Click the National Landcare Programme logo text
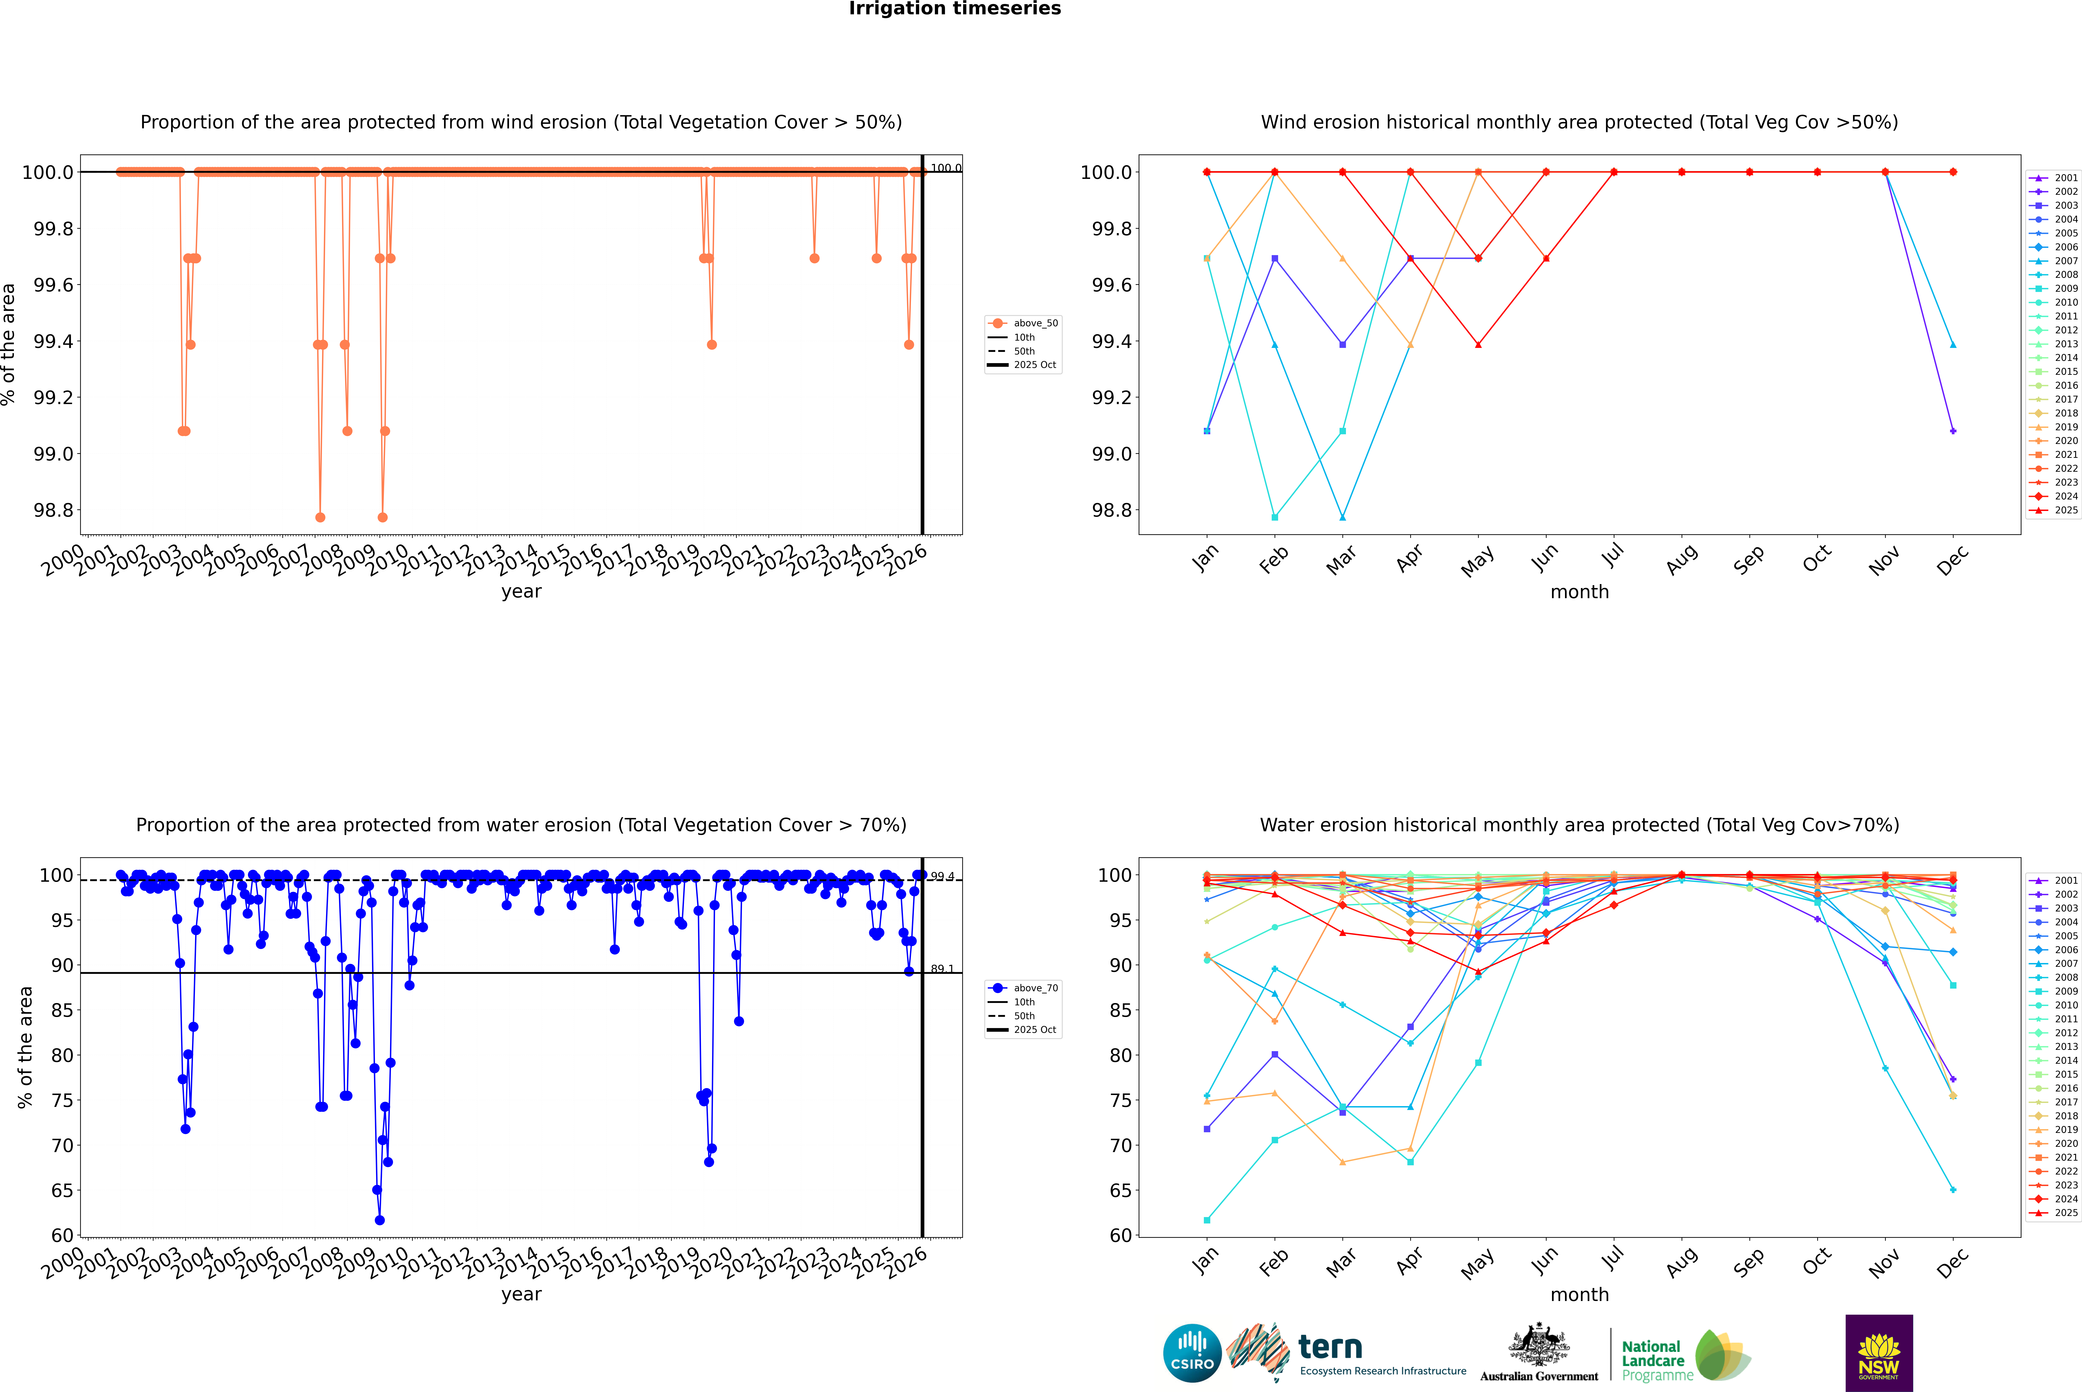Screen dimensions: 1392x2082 click(1653, 1360)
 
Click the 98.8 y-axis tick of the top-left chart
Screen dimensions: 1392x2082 click(53, 510)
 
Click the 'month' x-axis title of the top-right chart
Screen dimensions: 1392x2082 click(1579, 592)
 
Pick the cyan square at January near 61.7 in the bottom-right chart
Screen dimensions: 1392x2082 click(1207, 1220)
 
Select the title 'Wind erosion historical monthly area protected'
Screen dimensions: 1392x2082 click(1579, 122)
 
